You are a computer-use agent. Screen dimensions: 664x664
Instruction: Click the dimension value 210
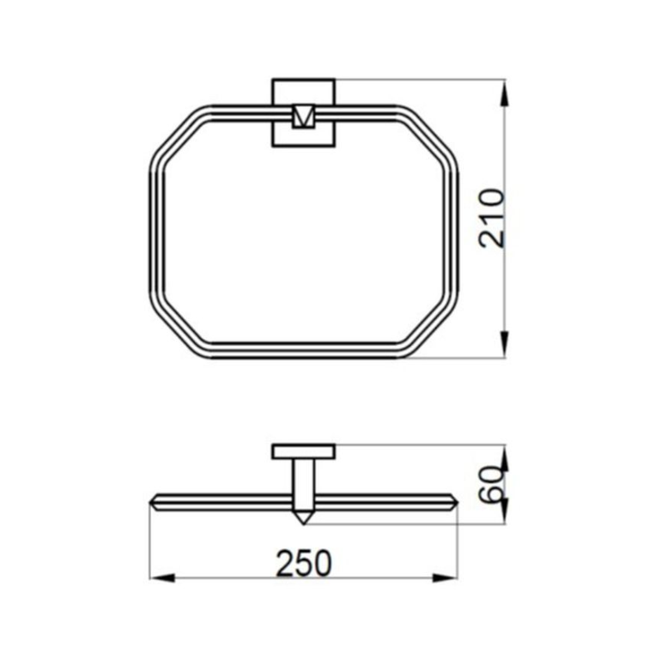pos(493,218)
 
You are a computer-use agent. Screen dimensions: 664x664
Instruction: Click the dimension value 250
pos(304,564)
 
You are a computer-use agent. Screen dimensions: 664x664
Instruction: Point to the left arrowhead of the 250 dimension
pos(159,576)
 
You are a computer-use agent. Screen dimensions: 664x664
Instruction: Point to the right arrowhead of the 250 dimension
pos(448,576)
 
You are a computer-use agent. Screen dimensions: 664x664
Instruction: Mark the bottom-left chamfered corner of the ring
pos(176,332)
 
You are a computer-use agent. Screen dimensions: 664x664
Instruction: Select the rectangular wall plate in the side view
pos(304,452)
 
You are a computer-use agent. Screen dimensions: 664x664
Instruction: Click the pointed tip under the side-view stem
pos(304,518)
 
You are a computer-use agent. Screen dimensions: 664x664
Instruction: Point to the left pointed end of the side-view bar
pos(153,502)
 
